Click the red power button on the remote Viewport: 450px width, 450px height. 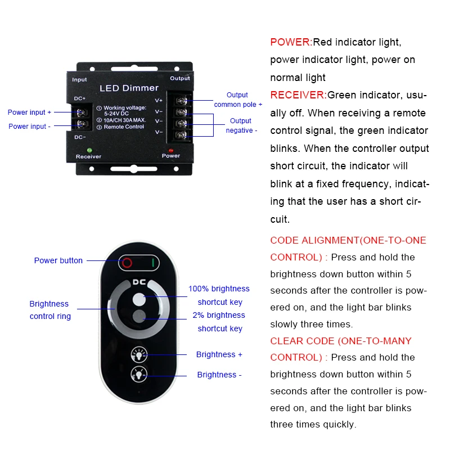point(128,262)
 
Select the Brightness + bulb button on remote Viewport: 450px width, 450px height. point(138,354)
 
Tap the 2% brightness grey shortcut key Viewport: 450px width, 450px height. point(138,316)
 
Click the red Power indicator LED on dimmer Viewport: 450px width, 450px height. point(171,150)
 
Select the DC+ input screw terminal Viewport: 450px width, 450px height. point(82,112)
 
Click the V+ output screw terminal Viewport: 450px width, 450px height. point(182,101)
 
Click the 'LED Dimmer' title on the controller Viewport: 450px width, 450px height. point(129,88)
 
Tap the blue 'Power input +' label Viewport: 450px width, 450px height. point(29,112)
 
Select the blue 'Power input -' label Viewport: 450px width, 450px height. point(29,127)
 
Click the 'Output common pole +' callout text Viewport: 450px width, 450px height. point(237,100)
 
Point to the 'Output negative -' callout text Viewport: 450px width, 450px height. point(241,125)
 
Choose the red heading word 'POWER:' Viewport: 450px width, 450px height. point(291,42)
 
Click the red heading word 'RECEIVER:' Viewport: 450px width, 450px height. point(298,95)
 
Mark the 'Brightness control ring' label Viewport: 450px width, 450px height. point(50,310)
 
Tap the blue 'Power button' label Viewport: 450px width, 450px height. point(58,260)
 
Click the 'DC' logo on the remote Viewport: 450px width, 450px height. point(139,282)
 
